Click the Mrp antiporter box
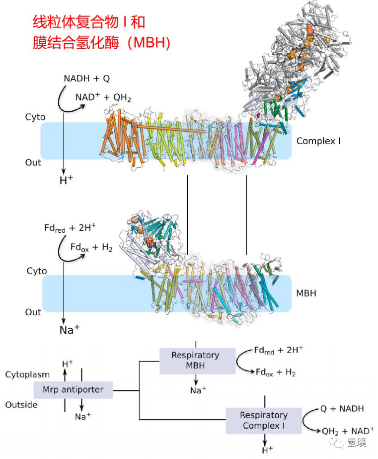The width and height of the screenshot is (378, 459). [x=73, y=389]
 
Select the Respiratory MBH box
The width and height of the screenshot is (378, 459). [x=197, y=361]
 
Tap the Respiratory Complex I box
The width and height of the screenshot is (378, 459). [x=263, y=420]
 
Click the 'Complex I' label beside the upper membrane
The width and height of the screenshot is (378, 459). [x=319, y=141]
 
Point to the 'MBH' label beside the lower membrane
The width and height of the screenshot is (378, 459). [x=306, y=293]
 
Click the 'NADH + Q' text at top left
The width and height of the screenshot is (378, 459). [x=87, y=79]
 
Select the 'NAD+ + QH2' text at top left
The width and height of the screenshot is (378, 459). [x=103, y=97]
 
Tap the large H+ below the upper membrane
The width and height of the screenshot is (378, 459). [x=66, y=180]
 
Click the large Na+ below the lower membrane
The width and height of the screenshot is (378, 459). [x=69, y=330]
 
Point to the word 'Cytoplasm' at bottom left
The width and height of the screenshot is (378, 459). [x=27, y=375]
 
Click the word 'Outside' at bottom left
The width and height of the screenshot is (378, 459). [x=21, y=405]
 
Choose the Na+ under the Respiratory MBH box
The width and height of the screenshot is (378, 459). [x=198, y=390]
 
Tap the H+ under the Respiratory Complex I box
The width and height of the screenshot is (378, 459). [x=267, y=450]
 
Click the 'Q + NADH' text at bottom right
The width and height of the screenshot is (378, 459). [x=342, y=408]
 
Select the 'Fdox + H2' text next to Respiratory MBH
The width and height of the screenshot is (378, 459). [x=275, y=372]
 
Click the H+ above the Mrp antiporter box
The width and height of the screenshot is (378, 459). [x=68, y=364]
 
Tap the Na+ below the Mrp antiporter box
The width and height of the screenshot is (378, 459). [x=83, y=416]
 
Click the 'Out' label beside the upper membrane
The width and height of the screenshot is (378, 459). [x=33, y=163]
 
